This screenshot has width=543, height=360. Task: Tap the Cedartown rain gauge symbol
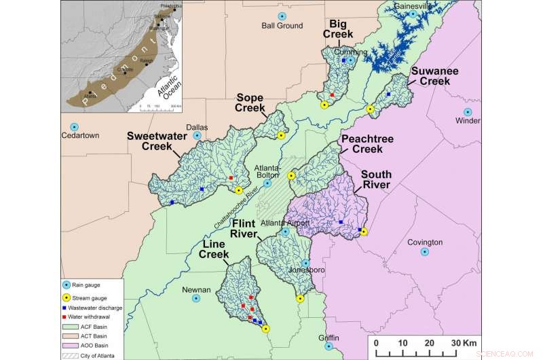[75, 126]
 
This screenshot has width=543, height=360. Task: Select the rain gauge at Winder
[468, 112]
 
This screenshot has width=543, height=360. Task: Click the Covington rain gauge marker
[425, 252]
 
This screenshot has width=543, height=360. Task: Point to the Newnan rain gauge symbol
[196, 298]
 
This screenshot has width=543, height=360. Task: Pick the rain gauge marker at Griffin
[329, 346]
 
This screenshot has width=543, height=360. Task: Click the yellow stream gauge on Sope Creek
[281, 136]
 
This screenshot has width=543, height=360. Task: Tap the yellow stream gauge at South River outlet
[364, 232]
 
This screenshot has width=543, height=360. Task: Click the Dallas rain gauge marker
[198, 135]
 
